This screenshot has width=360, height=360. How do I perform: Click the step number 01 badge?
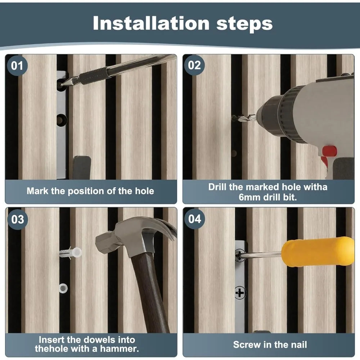pos(17,66)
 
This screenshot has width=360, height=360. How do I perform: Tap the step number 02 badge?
pos(194,65)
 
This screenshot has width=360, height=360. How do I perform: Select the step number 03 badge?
pos(18,219)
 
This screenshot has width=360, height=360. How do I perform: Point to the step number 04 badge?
pos(195,219)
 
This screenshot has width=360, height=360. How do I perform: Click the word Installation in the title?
pos(151,23)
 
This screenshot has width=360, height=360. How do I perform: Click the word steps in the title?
pos(244,24)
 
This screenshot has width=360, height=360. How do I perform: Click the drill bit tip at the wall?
pos(233,118)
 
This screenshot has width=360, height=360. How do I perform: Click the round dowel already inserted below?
pos(63,288)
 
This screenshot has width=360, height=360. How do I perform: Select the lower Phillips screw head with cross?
pos(240,293)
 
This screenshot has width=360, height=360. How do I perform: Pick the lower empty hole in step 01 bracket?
pos(62,120)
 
